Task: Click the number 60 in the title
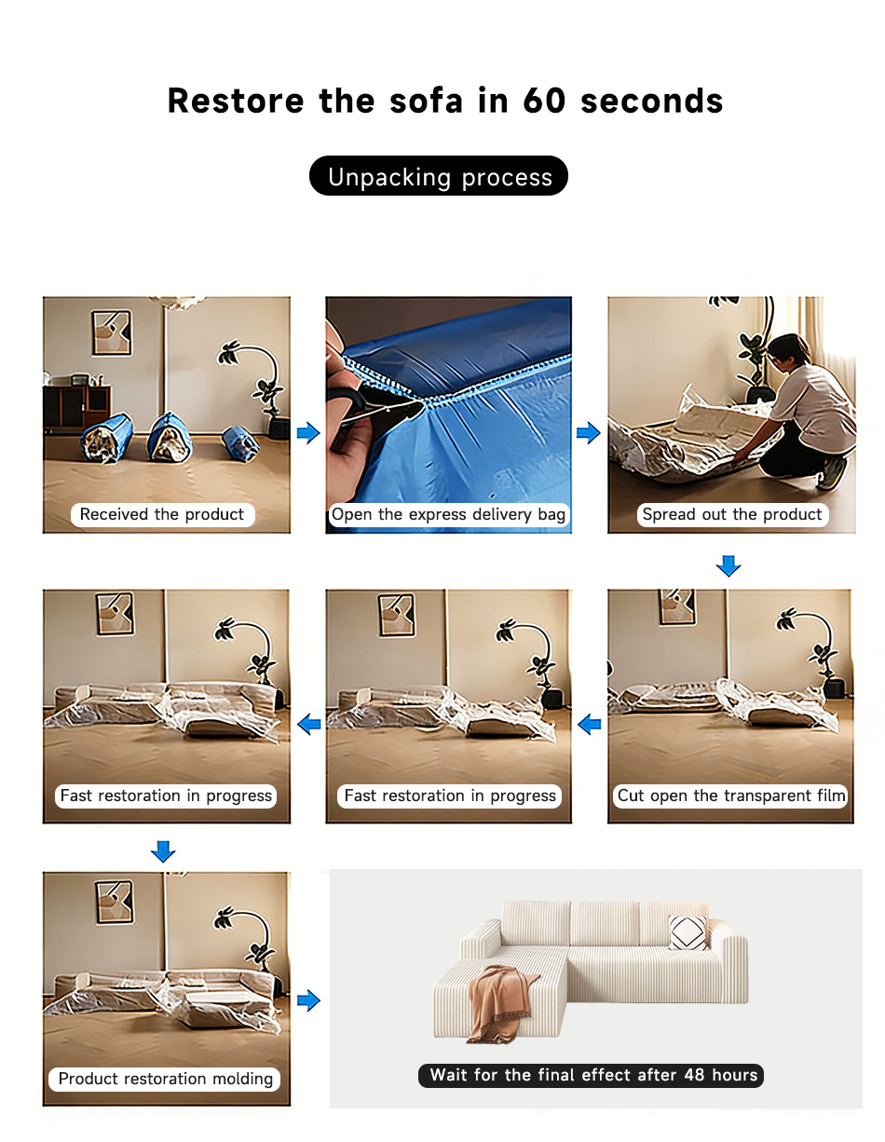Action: coord(543,100)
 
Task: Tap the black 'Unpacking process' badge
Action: coord(438,175)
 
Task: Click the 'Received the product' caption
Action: coord(162,514)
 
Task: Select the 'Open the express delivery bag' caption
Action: coord(448,514)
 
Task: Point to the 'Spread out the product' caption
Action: coord(731,514)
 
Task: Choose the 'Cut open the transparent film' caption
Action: coord(730,795)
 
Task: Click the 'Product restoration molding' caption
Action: coord(165,1079)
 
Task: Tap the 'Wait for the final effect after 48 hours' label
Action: coord(591,1074)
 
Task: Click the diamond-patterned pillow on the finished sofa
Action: coord(688,931)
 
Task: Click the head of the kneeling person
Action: coord(787,348)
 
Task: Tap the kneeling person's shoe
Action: coord(832,473)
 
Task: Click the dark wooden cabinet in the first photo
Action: coord(76,407)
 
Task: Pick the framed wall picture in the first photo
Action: coord(112,333)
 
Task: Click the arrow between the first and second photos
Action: coord(308,432)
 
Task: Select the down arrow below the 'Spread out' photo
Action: coord(728,565)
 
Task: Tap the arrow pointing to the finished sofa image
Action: coord(308,1000)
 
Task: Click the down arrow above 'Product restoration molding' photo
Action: coord(163,851)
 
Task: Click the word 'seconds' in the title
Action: coord(652,100)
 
